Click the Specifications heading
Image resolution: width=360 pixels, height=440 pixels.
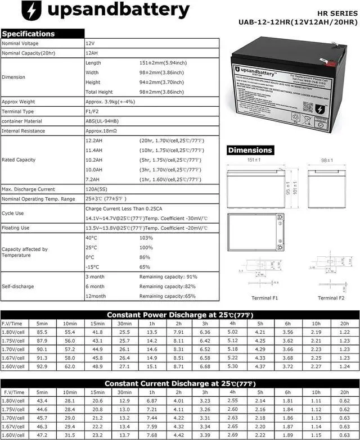28,34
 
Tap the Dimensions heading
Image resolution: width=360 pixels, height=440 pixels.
250,150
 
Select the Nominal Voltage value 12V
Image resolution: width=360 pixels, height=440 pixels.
90,43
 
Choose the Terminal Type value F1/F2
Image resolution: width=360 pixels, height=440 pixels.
93,111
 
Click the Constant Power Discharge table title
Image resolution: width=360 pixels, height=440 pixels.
179,315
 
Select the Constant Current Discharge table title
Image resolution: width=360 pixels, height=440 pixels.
179,383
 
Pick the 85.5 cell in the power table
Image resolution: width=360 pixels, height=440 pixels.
42,333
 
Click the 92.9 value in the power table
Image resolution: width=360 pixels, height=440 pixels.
42,366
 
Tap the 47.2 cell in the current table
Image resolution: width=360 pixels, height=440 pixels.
42,435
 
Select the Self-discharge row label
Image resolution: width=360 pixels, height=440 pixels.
18,287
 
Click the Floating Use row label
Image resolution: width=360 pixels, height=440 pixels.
16,228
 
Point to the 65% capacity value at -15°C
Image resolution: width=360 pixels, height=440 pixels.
145,267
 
